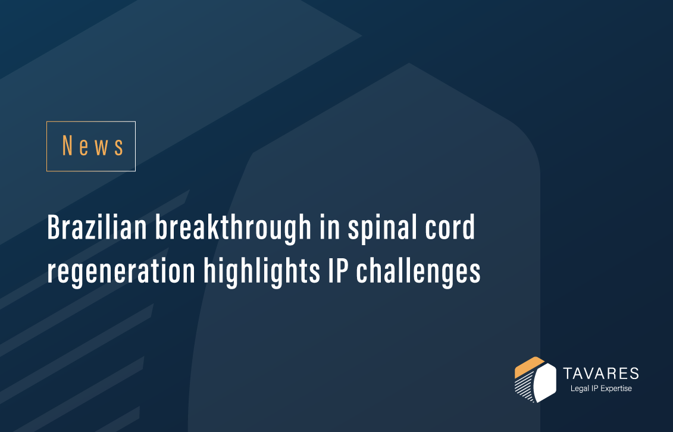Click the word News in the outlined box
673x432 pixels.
(93, 146)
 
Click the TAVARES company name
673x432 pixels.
(601, 374)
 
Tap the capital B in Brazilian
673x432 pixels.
(54, 229)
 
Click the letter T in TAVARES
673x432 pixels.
(567, 374)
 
